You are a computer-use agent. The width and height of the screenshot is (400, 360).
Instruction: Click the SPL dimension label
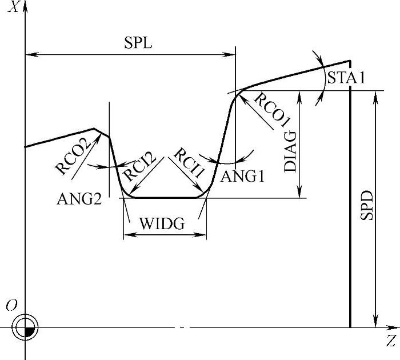coord(138,43)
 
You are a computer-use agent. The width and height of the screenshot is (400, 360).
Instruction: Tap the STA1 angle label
coord(346,78)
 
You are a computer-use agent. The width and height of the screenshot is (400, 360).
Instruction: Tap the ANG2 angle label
coord(79,199)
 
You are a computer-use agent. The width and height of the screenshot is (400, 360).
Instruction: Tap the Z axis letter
coord(391,342)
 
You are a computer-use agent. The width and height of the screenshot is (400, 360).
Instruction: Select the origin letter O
coord(10,306)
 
